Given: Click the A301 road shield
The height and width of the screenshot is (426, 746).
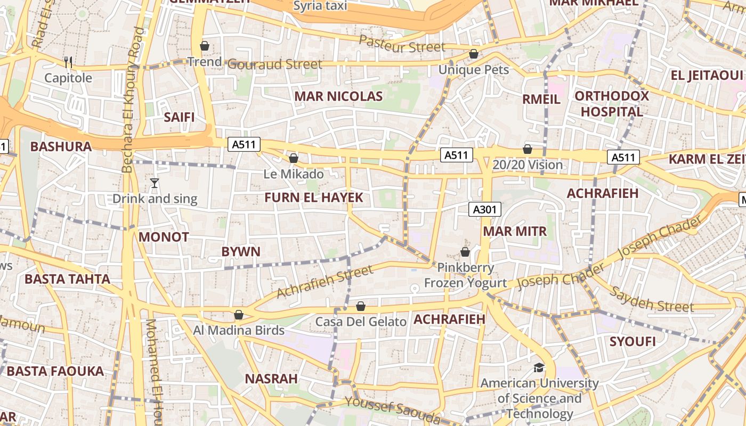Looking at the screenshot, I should pyautogui.click(x=485, y=209).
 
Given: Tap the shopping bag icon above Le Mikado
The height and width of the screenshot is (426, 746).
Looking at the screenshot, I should pyautogui.click(x=293, y=158).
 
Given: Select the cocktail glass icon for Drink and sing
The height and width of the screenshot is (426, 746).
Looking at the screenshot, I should pyautogui.click(x=155, y=183).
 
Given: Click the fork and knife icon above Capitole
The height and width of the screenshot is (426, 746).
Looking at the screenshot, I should pyautogui.click(x=68, y=62).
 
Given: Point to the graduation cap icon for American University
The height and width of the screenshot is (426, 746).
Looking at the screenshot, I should pyautogui.click(x=539, y=367).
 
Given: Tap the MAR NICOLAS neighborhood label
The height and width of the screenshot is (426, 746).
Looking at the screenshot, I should pyautogui.click(x=338, y=96).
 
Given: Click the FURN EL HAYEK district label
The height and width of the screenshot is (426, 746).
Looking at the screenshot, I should pyautogui.click(x=313, y=198).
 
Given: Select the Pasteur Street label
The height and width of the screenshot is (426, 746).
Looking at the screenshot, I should pyautogui.click(x=402, y=44).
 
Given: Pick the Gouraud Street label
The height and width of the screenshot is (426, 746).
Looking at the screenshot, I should pyautogui.click(x=275, y=64).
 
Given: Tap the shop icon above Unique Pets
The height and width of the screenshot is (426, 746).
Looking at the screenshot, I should pyautogui.click(x=473, y=54).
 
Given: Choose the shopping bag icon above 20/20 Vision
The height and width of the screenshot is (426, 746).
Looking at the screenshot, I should pyautogui.click(x=528, y=149).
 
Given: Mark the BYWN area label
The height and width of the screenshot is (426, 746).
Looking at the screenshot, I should pyautogui.click(x=241, y=251).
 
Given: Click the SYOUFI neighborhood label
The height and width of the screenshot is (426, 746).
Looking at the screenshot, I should pyautogui.click(x=633, y=341).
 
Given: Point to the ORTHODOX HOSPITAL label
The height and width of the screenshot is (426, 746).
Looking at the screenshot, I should pyautogui.click(x=611, y=104).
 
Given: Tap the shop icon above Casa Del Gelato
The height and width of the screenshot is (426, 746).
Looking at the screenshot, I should pyautogui.click(x=361, y=306).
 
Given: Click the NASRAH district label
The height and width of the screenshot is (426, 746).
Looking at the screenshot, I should pyautogui.click(x=271, y=379).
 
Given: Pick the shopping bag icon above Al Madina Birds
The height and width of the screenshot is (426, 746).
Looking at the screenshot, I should pyautogui.click(x=239, y=315).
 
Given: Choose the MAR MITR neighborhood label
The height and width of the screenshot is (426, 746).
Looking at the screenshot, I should pyautogui.click(x=515, y=231).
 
